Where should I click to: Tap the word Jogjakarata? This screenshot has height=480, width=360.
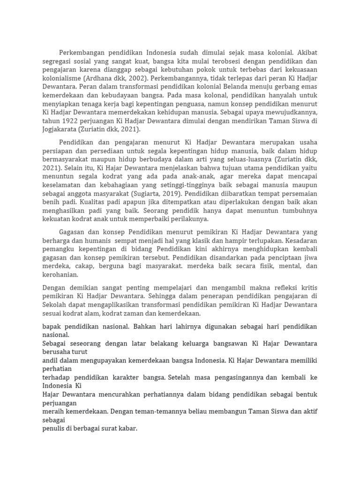60,129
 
